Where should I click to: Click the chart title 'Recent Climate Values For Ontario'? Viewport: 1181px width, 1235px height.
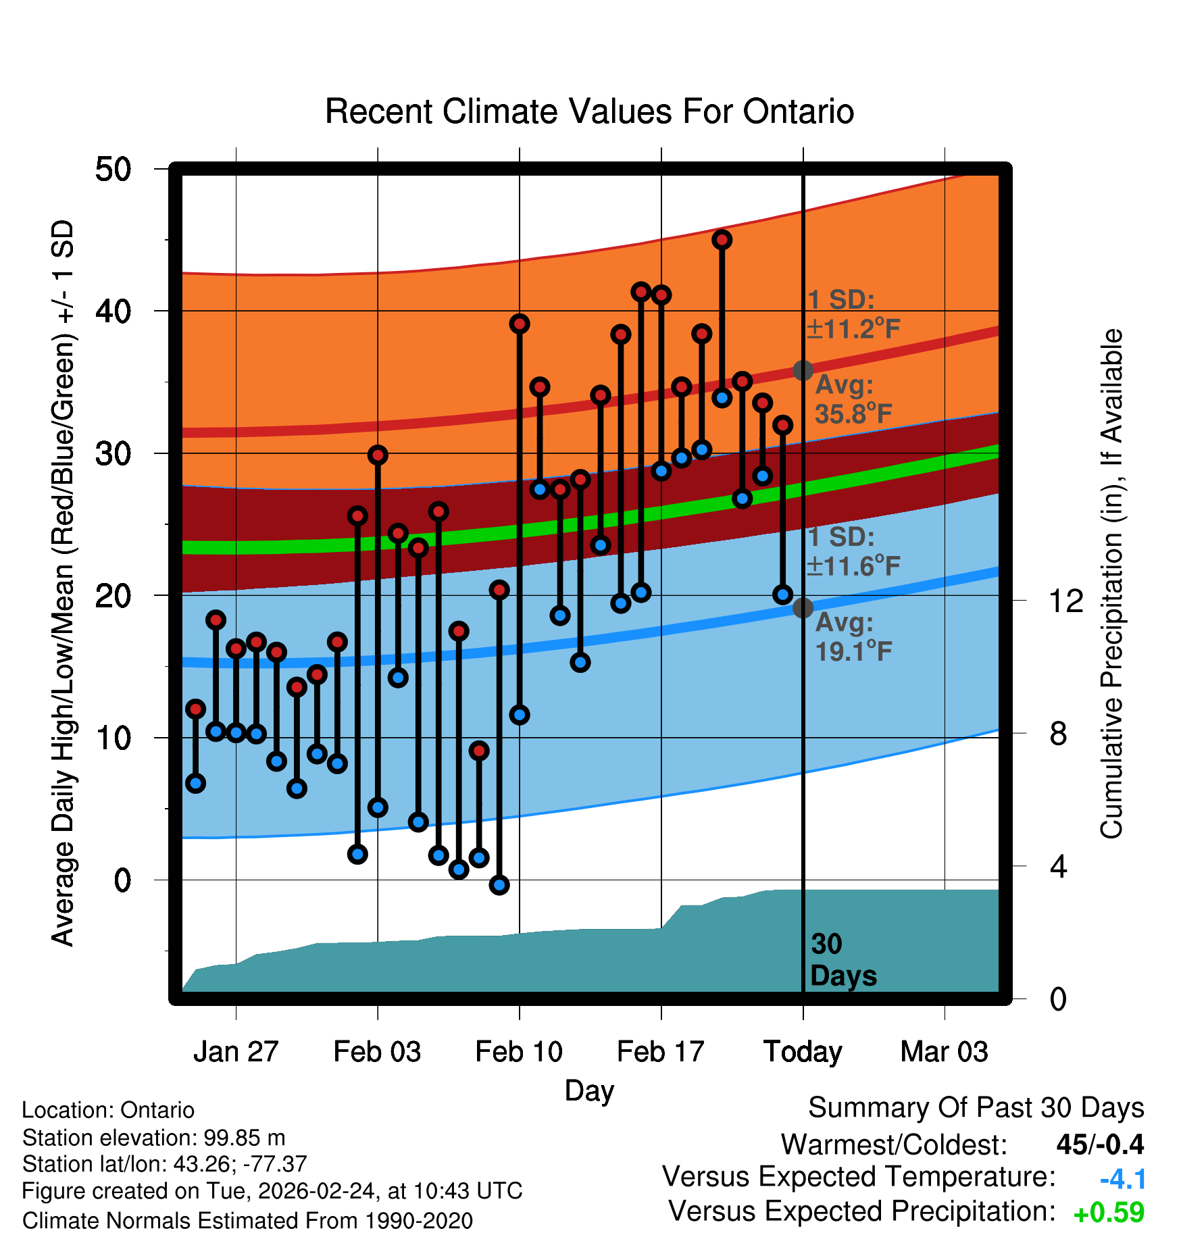589,111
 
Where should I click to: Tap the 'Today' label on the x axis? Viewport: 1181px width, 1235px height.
803,1052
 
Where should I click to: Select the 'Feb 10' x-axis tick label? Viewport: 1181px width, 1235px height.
519,1052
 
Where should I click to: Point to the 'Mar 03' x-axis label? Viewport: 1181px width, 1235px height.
944,1052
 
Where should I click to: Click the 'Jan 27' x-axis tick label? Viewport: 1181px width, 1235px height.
236,1052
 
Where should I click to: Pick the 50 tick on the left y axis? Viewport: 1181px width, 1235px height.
114,169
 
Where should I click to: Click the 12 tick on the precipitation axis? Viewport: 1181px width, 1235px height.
1066,601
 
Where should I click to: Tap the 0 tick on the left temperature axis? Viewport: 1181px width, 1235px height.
122,880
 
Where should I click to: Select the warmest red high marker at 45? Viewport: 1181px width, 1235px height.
722,240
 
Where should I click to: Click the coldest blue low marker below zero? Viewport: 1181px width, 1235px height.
499,885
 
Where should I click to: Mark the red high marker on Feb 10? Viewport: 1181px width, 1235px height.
520,324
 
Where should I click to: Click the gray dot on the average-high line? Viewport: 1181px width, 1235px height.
803,370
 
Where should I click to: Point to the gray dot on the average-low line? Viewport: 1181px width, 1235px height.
803,608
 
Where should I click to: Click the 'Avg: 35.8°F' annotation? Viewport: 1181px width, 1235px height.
853,399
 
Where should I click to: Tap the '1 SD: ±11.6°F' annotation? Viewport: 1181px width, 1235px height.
853,551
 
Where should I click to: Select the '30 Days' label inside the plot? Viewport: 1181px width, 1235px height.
843,960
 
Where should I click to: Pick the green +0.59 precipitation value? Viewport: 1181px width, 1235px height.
1109,1213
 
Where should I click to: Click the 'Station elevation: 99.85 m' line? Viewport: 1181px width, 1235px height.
153,1138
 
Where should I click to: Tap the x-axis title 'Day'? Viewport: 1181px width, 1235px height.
589,1090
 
